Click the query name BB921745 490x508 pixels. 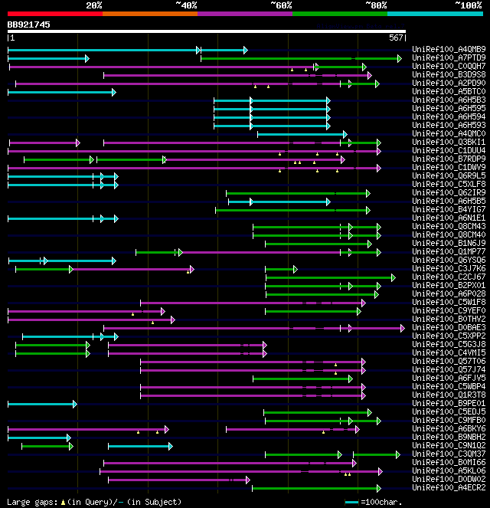pyautogui.click(x=29, y=25)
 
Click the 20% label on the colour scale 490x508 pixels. pyautogui.click(x=94, y=5)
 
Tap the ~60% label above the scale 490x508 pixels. pyautogui.click(x=281, y=5)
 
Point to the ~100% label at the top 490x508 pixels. pyautogui.click(x=469, y=5)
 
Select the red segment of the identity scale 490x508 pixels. pyautogui.click(x=54, y=13)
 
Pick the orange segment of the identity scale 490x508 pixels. pyautogui.click(x=149, y=13)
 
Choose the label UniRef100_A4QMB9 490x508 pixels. pyautogui.click(x=449, y=50)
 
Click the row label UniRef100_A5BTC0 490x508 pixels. pyautogui.click(x=449, y=92)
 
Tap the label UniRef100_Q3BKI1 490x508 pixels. pyautogui.click(x=449, y=142)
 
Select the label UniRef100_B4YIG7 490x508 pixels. pyautogui.click(x=449, y=209)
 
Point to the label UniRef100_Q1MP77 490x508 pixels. pyautogui.click(x=449, y=251)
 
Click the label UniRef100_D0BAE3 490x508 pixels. pyautogui.click(x=449, y=327)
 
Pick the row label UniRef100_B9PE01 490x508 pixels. pyautogui.click(x=449, y=403)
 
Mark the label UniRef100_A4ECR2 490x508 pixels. pyautogui.click(x=449, y=487)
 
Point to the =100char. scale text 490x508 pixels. pyautogui.click(x=379, y=502)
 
